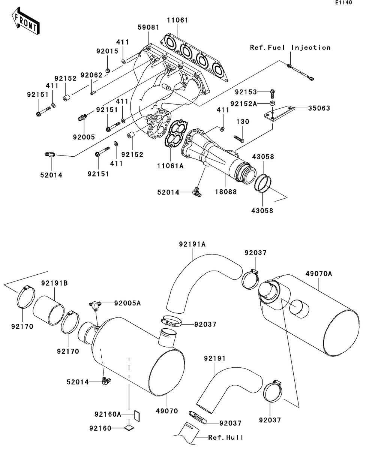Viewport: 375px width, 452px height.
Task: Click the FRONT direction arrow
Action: coord(25,21)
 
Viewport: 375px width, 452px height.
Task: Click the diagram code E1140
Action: coord(344,3)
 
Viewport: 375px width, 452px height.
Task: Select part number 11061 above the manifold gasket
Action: coord(178,20)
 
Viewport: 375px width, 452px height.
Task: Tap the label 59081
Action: coord(148,27)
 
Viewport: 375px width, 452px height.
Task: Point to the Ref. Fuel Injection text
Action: coord(290,48)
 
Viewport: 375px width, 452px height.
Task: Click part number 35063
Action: coord(319,108)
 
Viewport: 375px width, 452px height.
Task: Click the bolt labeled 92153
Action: coord(273,94)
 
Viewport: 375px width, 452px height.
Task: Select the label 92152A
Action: coord(243,104)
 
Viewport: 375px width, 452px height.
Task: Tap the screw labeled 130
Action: coord(239,139)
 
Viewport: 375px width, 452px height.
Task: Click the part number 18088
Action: coord(226,192)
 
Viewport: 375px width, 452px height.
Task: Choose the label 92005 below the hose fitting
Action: coord(84,137)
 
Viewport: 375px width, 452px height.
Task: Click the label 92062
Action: coord(91,75)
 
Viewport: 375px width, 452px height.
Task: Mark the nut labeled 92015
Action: coord(108,70)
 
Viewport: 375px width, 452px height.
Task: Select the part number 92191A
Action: coord(192,244)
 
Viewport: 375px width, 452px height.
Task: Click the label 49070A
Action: coord(319,274)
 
